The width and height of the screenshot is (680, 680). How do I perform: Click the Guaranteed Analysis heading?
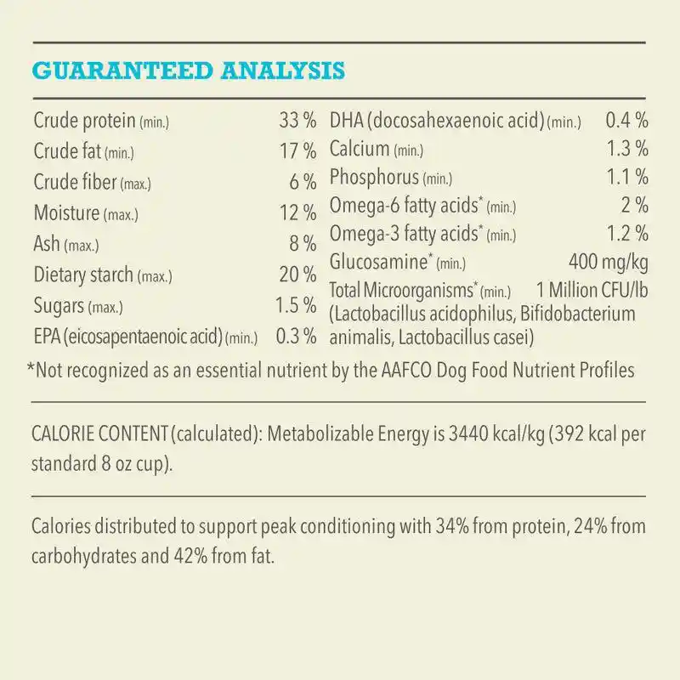click(188, 70)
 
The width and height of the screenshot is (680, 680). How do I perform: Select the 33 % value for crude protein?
click(297, 122)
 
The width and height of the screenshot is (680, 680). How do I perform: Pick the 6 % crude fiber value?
click(303, 183)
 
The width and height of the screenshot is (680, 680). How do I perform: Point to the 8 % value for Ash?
click(303, 245)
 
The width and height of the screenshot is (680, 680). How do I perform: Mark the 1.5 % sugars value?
click(296, 306)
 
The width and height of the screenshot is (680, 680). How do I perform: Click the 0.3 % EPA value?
click(296, 337)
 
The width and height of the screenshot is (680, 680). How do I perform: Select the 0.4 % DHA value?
click(627, 121)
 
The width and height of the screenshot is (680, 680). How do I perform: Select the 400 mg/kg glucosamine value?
click(609, 262)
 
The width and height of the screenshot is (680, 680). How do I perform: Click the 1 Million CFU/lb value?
click(592, 290)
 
